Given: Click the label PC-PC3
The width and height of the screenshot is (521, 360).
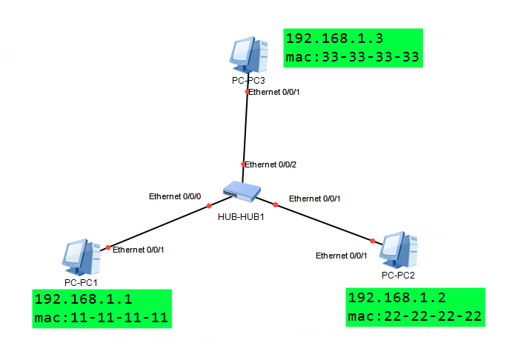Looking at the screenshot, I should coord(248,79).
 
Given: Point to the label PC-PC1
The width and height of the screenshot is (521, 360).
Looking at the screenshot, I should coord(81,282).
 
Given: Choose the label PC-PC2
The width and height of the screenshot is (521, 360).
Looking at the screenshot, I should coord(398,275).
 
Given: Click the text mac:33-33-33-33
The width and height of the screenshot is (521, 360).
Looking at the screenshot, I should coord(352,57).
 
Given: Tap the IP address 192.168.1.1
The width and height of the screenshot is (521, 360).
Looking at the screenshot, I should coord(83,301).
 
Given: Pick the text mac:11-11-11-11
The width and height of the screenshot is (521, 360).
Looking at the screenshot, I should coord(101,319).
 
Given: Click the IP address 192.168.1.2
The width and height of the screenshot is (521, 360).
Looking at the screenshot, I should coord(397,298).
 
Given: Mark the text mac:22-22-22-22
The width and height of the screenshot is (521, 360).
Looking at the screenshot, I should coord(415,316).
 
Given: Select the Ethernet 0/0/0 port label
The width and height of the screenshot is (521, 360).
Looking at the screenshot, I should coord(174,196).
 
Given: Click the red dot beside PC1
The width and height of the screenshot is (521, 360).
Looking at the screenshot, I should coord(108,247).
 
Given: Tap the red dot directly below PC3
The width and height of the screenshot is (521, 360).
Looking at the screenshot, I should coord(248,92).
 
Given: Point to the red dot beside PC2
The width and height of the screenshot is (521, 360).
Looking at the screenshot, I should coord(373,240).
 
